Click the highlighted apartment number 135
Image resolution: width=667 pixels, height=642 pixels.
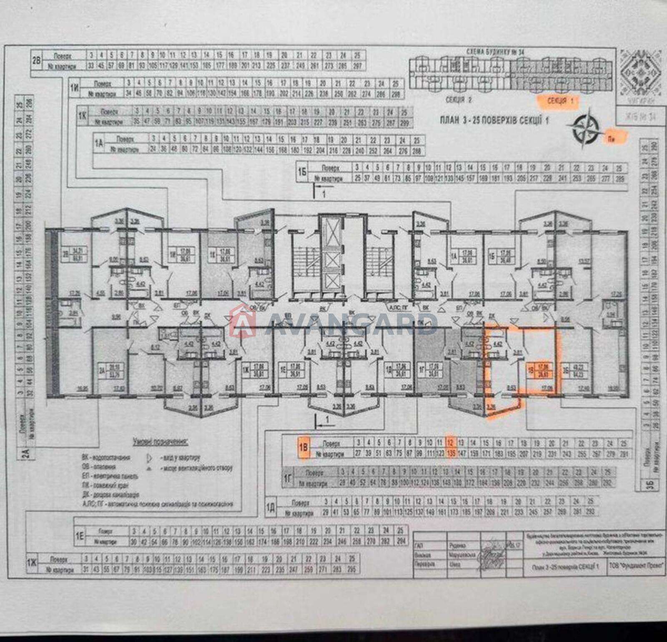point(451,454)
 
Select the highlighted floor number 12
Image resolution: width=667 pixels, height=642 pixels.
point(450,443)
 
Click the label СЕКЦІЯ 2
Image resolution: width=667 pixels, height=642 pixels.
point(459,100)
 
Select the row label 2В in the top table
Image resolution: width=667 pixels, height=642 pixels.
point(37,60)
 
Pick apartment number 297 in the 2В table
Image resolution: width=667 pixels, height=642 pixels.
point(358,66)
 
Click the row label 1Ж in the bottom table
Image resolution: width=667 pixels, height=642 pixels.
point(32,564)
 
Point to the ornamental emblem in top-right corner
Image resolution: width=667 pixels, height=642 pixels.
point(640,70)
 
